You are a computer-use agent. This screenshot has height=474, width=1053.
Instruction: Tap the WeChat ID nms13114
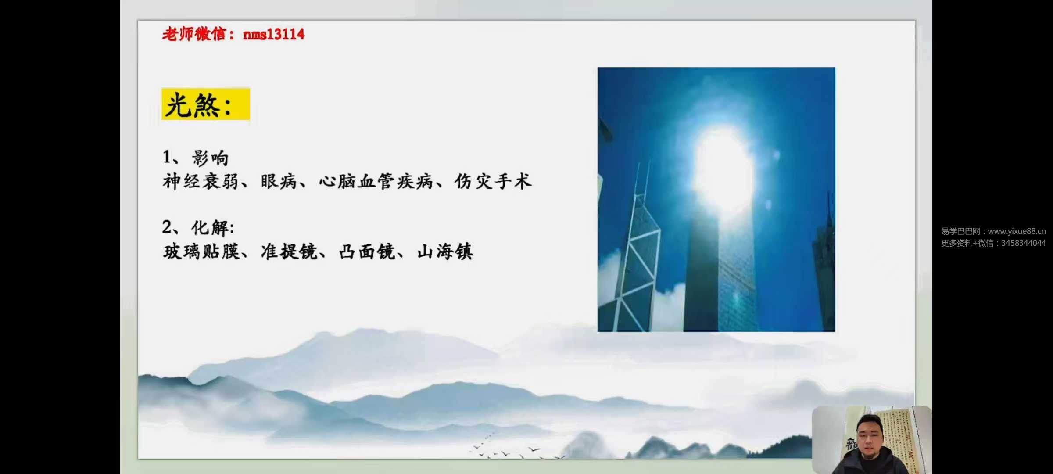[274, 34]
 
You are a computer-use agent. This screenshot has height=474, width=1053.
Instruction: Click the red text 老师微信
[194, 34]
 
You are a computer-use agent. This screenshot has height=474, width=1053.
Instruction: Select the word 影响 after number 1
[210, 158]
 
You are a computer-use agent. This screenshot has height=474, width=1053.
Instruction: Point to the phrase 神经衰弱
[201, 181]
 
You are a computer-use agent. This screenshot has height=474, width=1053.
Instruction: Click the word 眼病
[279, 181]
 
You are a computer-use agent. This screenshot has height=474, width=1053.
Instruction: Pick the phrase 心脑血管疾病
[376, 181]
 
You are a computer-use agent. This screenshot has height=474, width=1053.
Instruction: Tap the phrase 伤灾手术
[493, 181]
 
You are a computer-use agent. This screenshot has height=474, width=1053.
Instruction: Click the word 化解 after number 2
[210, 228]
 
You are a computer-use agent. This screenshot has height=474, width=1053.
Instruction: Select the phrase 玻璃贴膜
[201, 251]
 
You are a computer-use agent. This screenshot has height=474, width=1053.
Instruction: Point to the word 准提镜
[289, 251]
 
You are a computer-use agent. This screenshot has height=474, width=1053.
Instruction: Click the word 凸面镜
[367, 251]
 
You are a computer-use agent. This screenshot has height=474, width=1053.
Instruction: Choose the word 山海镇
[445, 251]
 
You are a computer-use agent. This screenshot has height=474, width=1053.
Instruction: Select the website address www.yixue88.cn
[1017, 231]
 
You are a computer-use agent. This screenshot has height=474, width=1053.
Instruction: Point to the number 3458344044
[1023, 243]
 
